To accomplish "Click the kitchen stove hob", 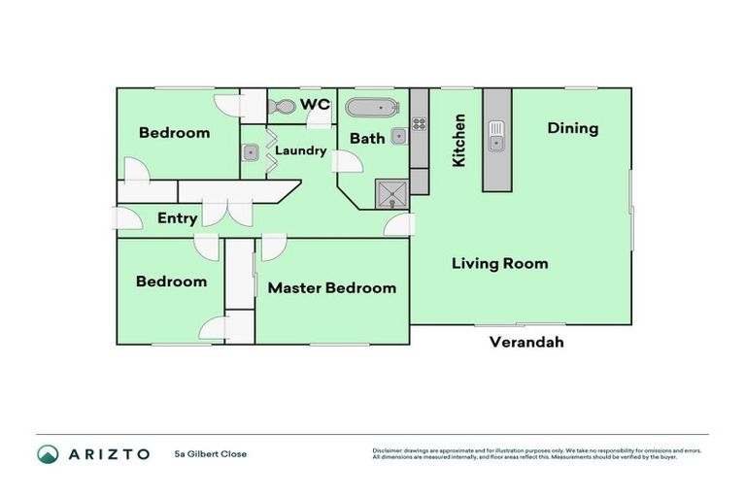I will point(420,123).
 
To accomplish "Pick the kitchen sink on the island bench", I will point(496,136).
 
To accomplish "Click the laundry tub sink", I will point(251,152).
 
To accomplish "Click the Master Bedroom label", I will point(331,287).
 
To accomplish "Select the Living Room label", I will point(499,263).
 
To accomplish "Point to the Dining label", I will point(572,128).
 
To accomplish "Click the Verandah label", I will point(526,342).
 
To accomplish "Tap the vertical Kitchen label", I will point(459,140).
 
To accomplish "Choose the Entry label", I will point(177,218).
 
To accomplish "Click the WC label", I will point(315,103).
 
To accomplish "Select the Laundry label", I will point(300,150).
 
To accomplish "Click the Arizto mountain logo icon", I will point(48,453).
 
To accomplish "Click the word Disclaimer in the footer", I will point(389,450).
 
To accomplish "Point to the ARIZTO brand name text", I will point(108,453).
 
